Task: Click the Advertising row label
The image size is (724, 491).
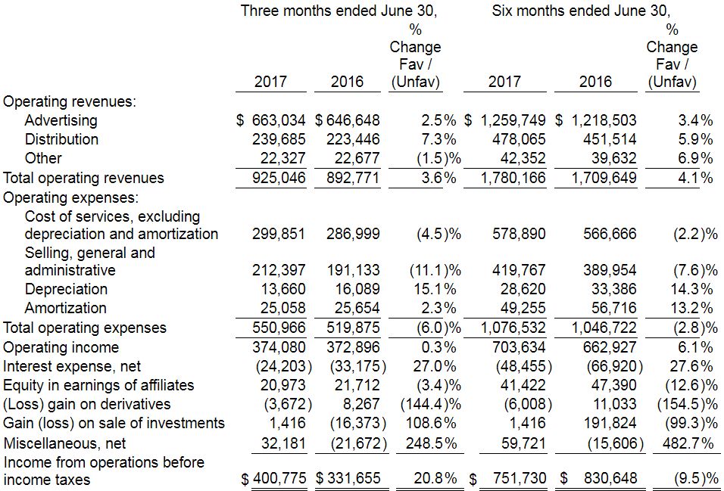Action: click(x=61, y=120)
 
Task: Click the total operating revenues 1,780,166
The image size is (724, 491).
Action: click(x=513, y=179)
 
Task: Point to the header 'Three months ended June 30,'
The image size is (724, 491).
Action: click(x=339, y=11)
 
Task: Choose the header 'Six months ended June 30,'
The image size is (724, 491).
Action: click(x=582, y=11)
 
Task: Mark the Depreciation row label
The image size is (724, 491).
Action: click(x=66, y=289)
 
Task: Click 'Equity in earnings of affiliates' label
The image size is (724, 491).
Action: click(x=98, y=385)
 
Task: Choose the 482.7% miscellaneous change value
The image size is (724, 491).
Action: click(x=688, y=443)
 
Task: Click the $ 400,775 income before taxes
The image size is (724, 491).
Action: click(x=273, y=480)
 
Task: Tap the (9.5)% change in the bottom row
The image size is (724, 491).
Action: click(x=695, y=480)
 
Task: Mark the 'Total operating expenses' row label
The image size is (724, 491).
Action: click(x=84, y=328)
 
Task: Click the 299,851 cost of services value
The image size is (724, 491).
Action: click(x=278, y=234)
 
